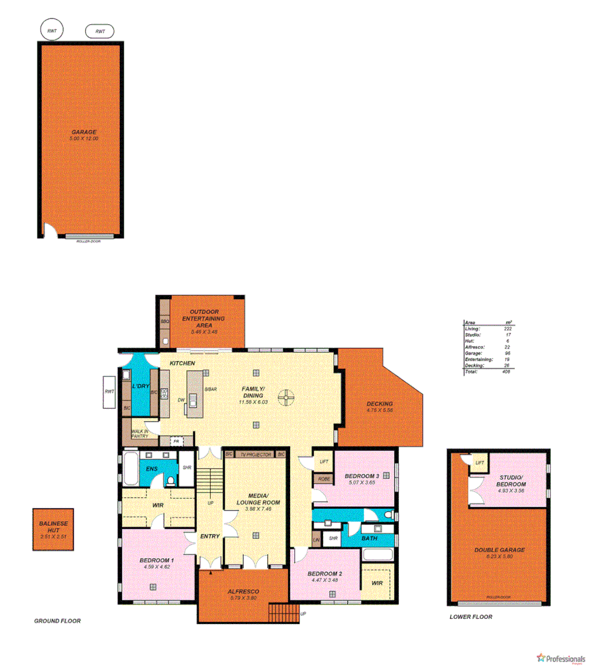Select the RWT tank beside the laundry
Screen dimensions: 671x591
click(x=109, y=392)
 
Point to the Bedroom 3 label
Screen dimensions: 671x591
click(x=362, y=476)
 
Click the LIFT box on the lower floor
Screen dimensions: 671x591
click(x=479, y=463)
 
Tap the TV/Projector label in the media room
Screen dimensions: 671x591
click(x=256, y=455)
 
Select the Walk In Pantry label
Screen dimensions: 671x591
click(x=140, y=434)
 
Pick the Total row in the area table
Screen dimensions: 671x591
click(x=488, y=372)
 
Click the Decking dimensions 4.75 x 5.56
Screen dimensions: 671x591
click(x=380, y=410)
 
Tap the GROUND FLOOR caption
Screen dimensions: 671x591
click(x=57, y=621)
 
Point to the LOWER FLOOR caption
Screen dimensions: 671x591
click(x=470, y=616)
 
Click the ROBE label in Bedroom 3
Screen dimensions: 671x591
click(x=324, y=478)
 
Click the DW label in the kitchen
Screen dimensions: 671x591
click(x=181, y=400)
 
